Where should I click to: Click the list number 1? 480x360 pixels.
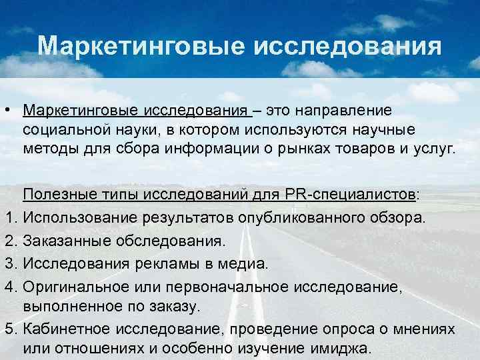click(x=7, y=217)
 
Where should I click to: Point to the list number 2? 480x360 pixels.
click(x=8, y=240)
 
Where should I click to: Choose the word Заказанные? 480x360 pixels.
click(x=65, y=240)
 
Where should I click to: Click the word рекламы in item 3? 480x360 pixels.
click(x=155, y=263)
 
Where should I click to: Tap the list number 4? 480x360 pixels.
click(x=8, y=286)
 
